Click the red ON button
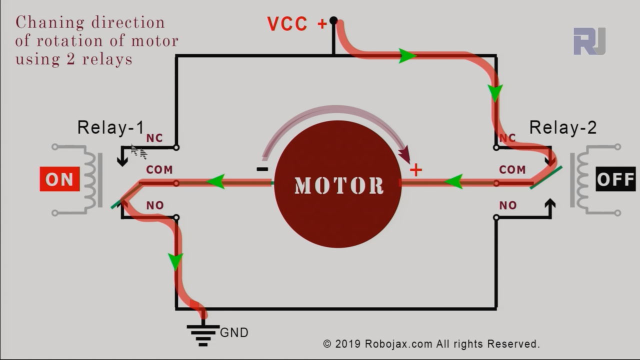pyautogui.click(x=59, y=179)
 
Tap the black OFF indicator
pyautogui.click(x=615, y=179)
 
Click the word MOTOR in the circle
pyautogui.click(x=338, y=185)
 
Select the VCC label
pyautogui.click(x=287, y=24)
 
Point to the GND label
pyautogui.click(x=234, y=332)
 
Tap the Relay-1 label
pyautogui.click(x=110, y=128)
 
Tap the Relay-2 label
pyautogui.click(x=562, y=128)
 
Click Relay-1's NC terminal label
pyautogui.click(x=154, y=138)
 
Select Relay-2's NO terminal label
pyautogui.click(x=508, y=205)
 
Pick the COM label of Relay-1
pyautogui.click(x=159, y=170)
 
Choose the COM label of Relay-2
pyautogui.click(x=512, y=170)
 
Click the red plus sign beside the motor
pyautogui.click(x=415, y=170)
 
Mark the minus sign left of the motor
pyautogui.click(x=262, y=169)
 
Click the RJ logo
pyautogui.click(x=589, y=41)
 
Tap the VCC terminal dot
pyautogui.click(x=333, y=21)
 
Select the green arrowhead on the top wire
pyautogui.click(x=407, y=55)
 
